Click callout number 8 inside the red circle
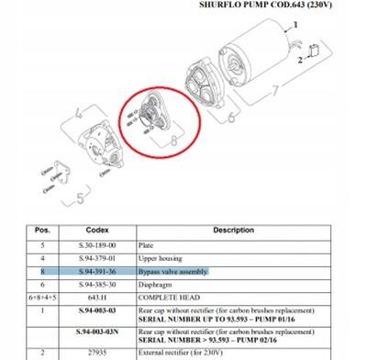coord(172,141)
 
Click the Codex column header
coord(97,230)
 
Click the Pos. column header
coord(42,230)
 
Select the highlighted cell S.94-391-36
coord(97,272)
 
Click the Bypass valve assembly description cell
coord(172,272)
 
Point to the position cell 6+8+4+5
coord(42,298)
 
